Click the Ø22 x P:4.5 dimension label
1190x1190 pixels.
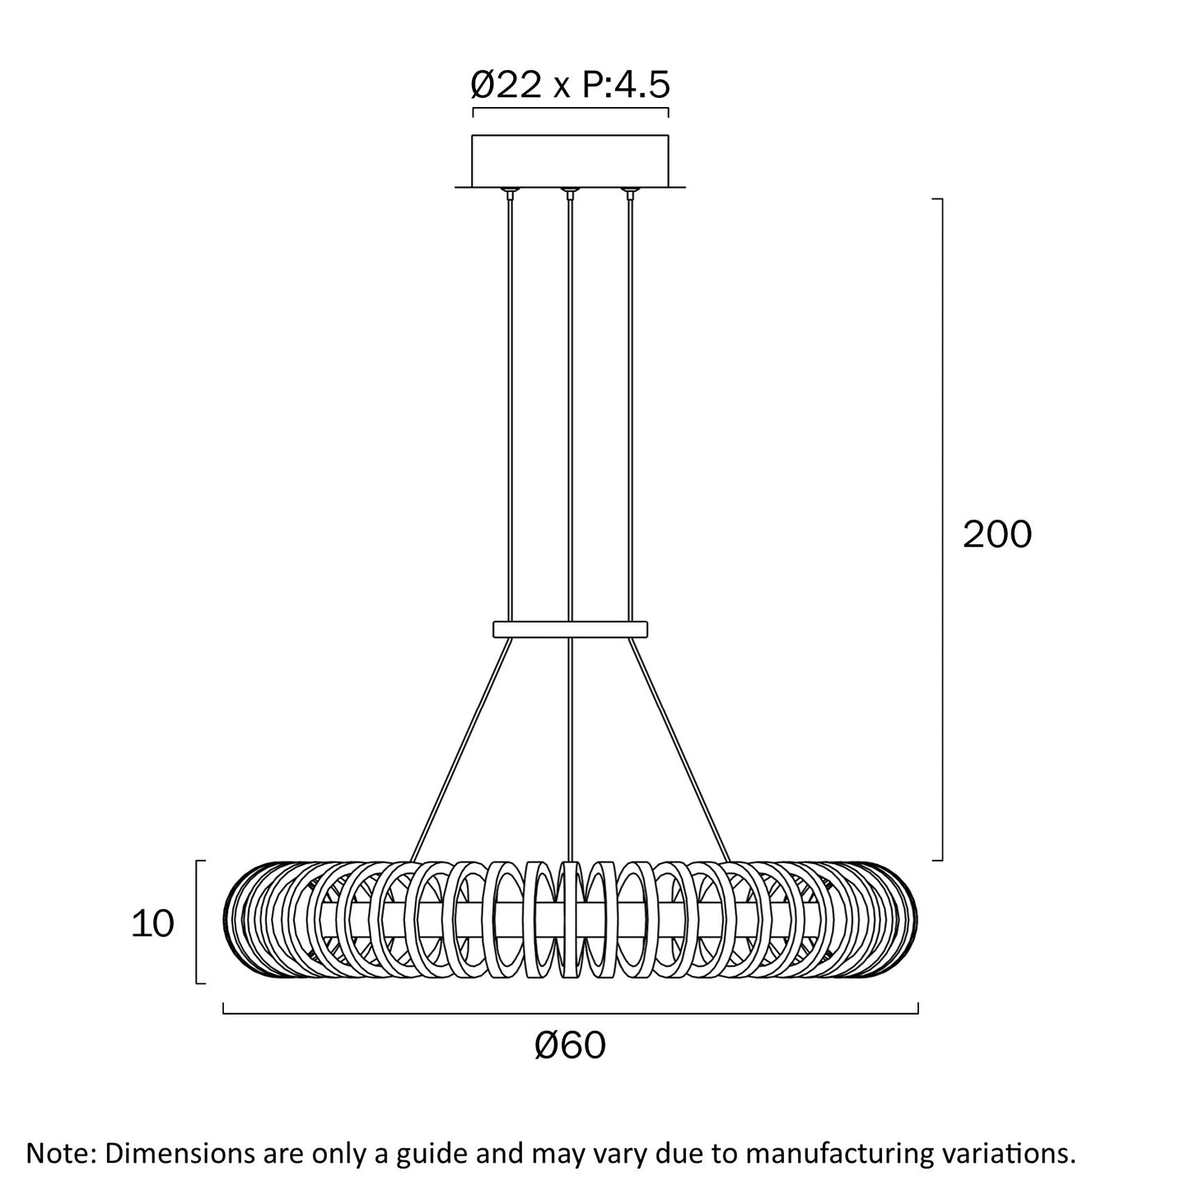point(570,85)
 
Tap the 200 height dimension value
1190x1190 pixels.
point(996,534)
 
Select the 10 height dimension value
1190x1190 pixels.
point(152,925)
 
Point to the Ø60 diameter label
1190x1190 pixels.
point(570,1046)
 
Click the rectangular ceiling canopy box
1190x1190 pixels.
point(570,161)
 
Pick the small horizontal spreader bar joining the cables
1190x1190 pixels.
point(570,628)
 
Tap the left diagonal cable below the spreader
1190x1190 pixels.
point(461,749)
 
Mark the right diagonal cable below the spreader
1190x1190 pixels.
point(679,749)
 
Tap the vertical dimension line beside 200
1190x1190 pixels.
point(941,530)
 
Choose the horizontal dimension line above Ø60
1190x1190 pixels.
point(570,1013)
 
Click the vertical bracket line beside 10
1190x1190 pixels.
point(197,922)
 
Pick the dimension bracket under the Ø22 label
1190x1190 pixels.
point(570,110)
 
